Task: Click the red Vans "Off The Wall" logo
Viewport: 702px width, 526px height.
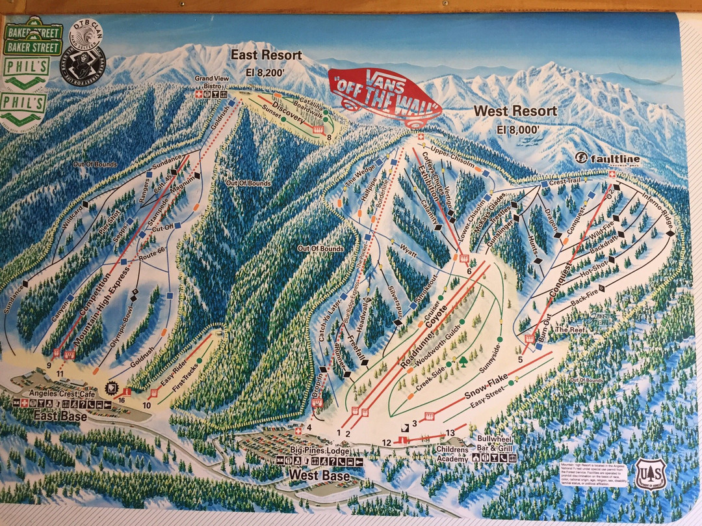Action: (385, 97)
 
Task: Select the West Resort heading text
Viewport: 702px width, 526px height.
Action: (515, 111)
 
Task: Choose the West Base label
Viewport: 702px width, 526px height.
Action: (319, 476)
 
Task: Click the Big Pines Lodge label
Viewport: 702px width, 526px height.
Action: (320, 450)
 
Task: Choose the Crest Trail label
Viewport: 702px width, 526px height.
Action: (565, 183)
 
